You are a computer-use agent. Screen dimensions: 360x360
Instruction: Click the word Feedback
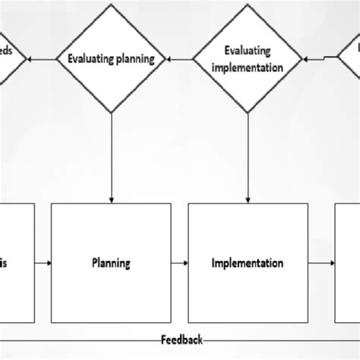point(182,339)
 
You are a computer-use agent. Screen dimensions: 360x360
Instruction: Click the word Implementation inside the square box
point(248,264)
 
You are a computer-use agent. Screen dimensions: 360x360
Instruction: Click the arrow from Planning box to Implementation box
point(181,264)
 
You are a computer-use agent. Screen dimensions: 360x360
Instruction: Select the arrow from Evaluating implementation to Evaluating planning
point(180,58)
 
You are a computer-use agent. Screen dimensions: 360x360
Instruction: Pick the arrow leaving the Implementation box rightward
point(321,264)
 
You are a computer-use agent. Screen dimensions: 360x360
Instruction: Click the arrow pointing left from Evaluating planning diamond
point(46,58)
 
